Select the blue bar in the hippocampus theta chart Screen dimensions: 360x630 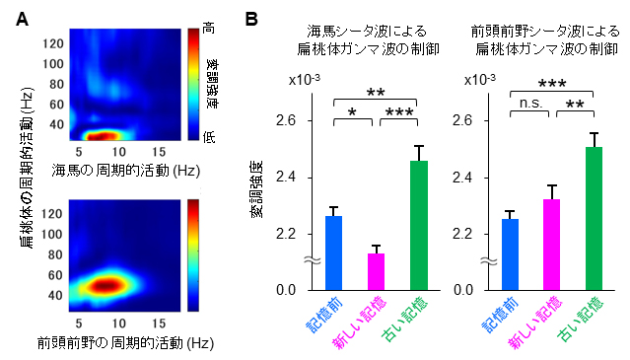point(333,252)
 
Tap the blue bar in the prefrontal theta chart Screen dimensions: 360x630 point(510,253)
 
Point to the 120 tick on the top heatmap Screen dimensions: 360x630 point(50,42)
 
